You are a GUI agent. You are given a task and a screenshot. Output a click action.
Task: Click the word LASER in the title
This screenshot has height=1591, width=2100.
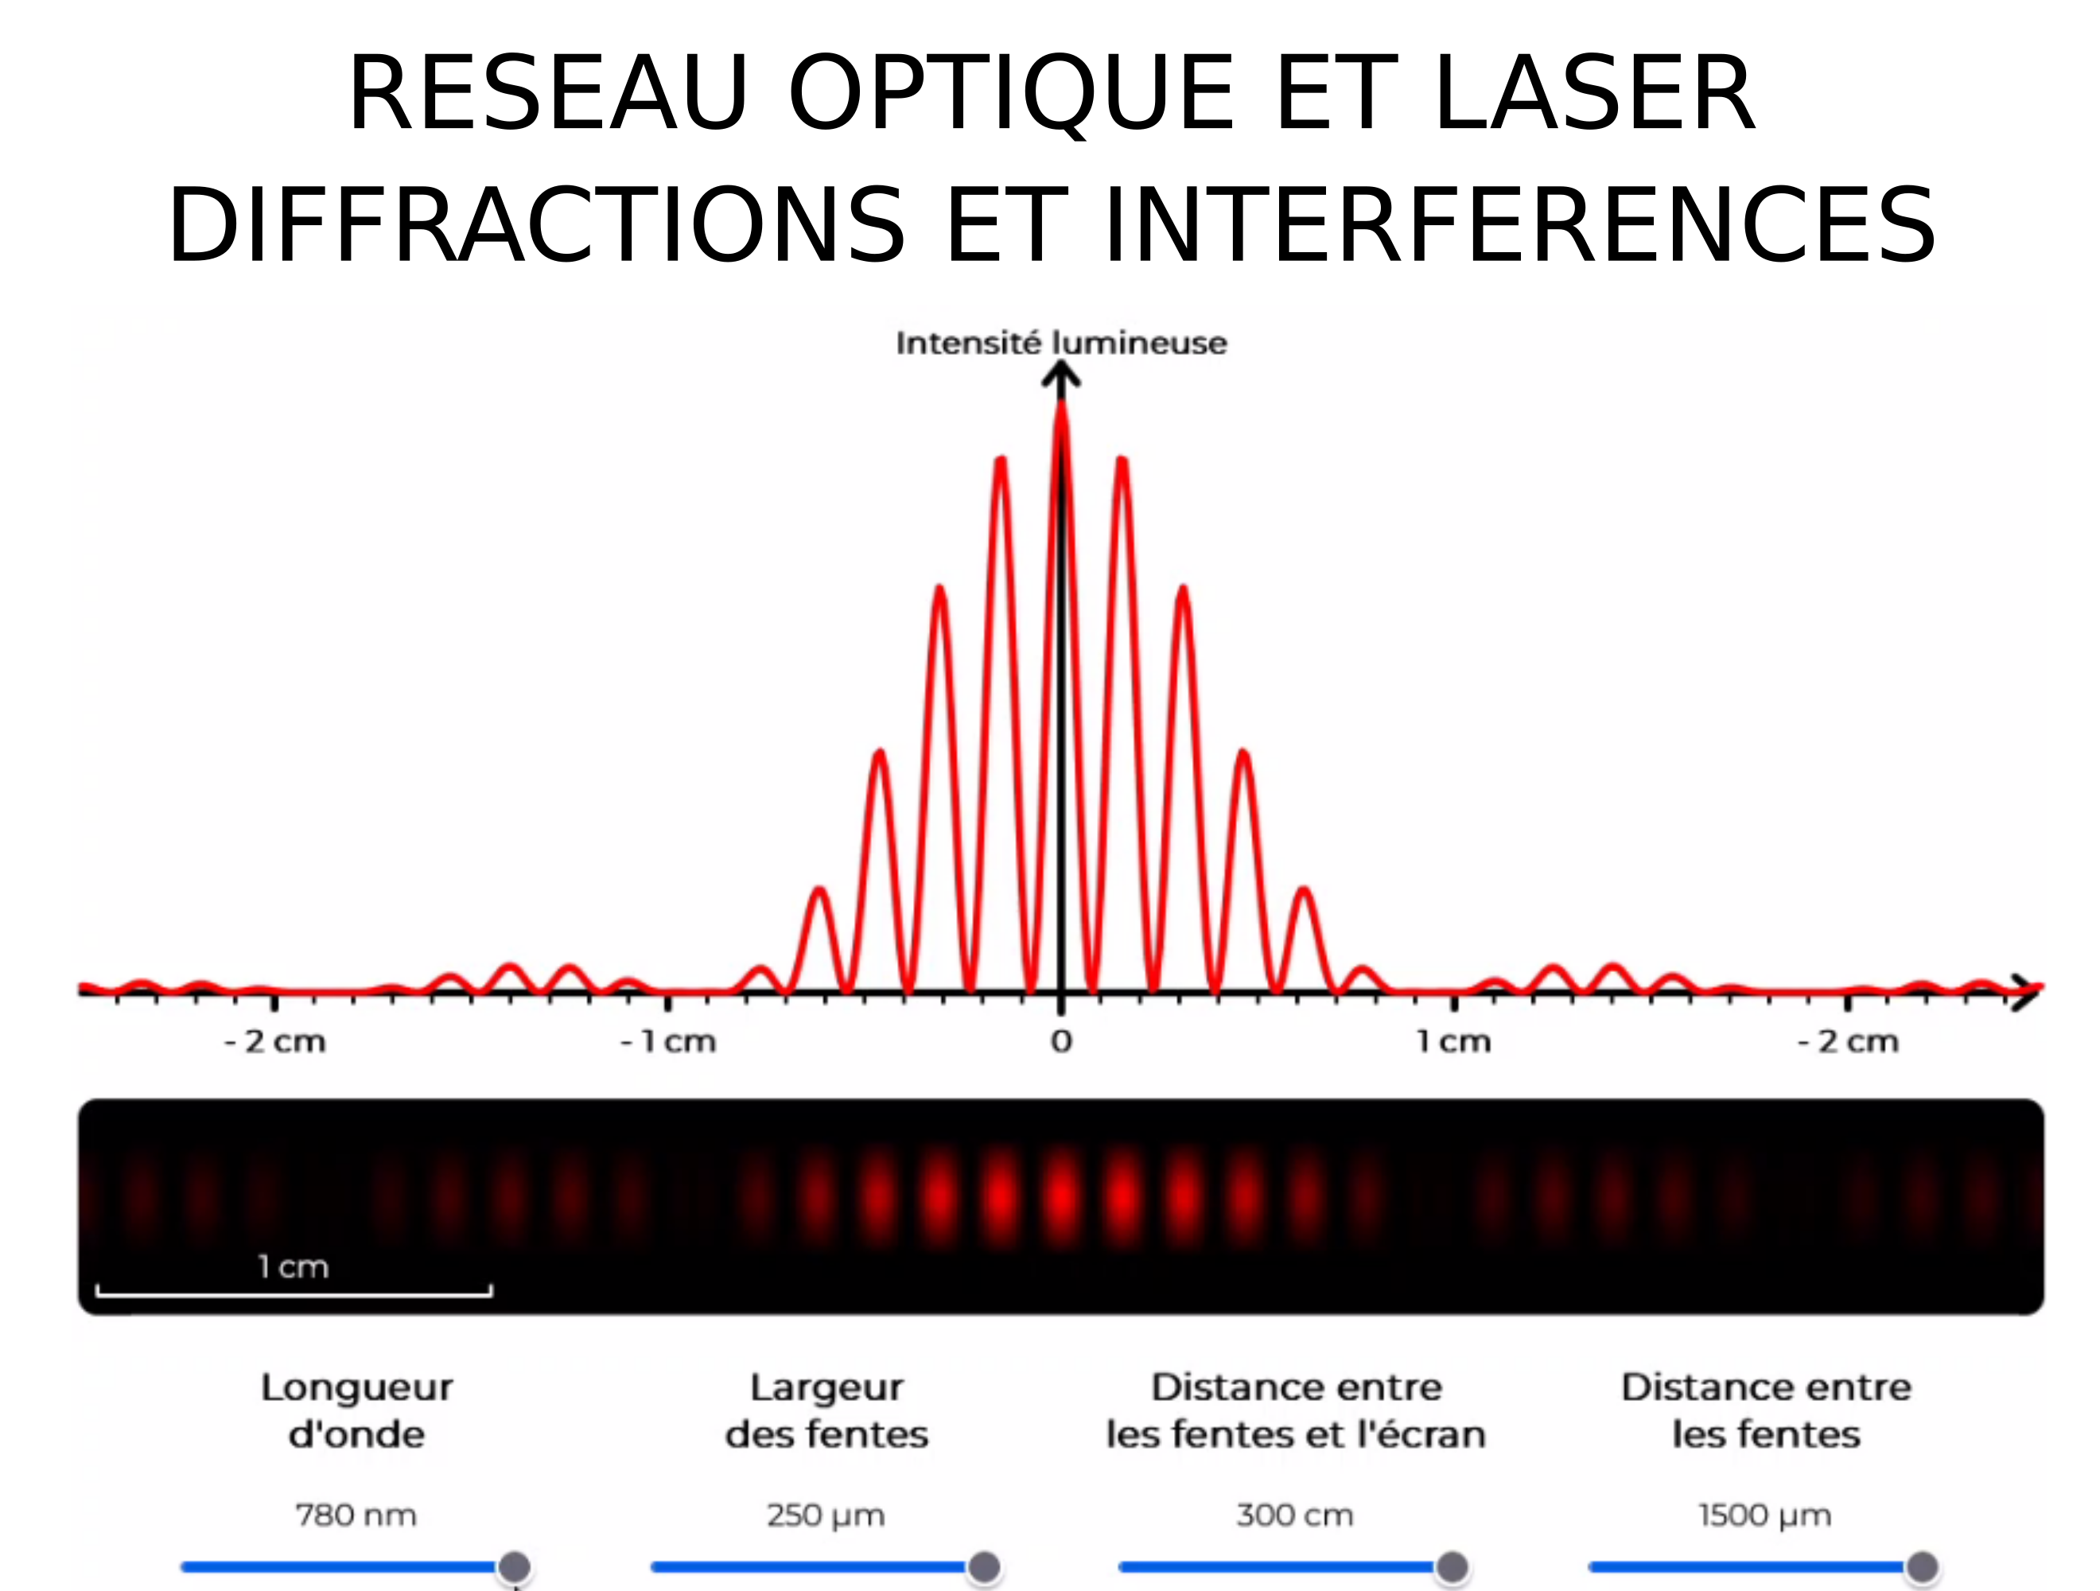[x=1594, y=93]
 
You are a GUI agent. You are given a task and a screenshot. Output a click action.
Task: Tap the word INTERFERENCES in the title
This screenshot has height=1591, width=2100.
[x=1520, y=225]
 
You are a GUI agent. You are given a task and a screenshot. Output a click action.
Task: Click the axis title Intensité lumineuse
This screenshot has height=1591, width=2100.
[x=1061, y=343]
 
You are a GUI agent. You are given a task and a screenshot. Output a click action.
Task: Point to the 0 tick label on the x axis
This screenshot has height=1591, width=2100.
[x=1061, y=1041]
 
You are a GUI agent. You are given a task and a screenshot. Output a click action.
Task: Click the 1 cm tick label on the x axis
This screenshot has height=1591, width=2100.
[x=1454, y=1041]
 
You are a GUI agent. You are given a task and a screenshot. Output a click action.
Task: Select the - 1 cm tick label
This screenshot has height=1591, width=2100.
[x=667, y=1041]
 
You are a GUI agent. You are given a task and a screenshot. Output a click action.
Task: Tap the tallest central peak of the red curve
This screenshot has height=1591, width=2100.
[x=1061, y=407]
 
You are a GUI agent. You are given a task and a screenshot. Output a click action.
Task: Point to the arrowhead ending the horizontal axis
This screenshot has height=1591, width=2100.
[x=2027, y=992]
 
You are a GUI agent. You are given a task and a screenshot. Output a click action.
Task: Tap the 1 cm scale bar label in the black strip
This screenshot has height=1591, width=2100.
[x=294, y=1266]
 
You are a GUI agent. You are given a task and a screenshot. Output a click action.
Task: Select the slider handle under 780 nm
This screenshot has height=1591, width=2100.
[x=515, y=1566]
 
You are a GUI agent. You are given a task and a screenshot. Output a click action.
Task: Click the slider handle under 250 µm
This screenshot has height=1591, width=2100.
[x=985, y=1566]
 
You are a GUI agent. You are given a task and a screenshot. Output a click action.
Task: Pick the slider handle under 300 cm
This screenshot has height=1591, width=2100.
[x=1452, y=1566]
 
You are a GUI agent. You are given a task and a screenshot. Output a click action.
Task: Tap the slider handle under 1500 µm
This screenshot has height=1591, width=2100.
[x=1923, y=1566]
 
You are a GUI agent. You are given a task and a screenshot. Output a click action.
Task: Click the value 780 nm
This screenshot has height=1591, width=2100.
[x=356, y=1515]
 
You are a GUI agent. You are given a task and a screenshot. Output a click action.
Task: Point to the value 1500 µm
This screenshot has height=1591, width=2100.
[x=1765, y=1516]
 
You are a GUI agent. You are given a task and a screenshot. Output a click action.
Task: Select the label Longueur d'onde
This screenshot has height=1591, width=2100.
[x=357, y=1411]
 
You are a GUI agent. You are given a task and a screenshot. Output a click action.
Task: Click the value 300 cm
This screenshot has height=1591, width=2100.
[x=1295, y=1515]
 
